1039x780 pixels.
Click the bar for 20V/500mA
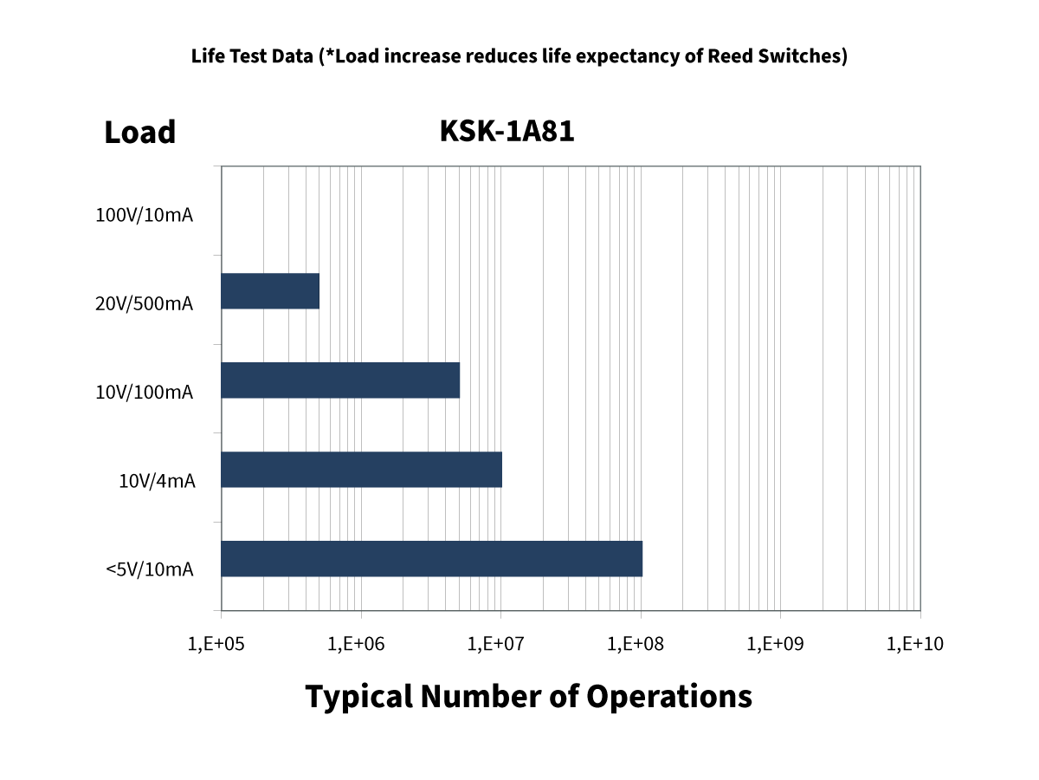[x=270, y=291]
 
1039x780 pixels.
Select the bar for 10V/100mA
[x=340, y=380]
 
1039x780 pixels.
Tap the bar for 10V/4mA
[x=362, y=469]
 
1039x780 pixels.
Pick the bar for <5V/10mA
[x=431, y=558]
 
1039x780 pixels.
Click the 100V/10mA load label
[x=144, y=215]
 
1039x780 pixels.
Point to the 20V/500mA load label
[x=144, y=304]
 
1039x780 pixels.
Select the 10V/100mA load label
[x=144, y=393]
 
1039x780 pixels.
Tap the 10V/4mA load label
[x=157, y=481]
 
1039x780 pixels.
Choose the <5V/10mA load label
[x=149, y=569]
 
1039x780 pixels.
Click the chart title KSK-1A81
[x=507, y=131]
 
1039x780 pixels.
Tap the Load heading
[x=140, y=133]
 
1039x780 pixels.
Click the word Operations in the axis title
[x=669, y=696]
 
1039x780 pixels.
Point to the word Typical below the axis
[x=358, y=697]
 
